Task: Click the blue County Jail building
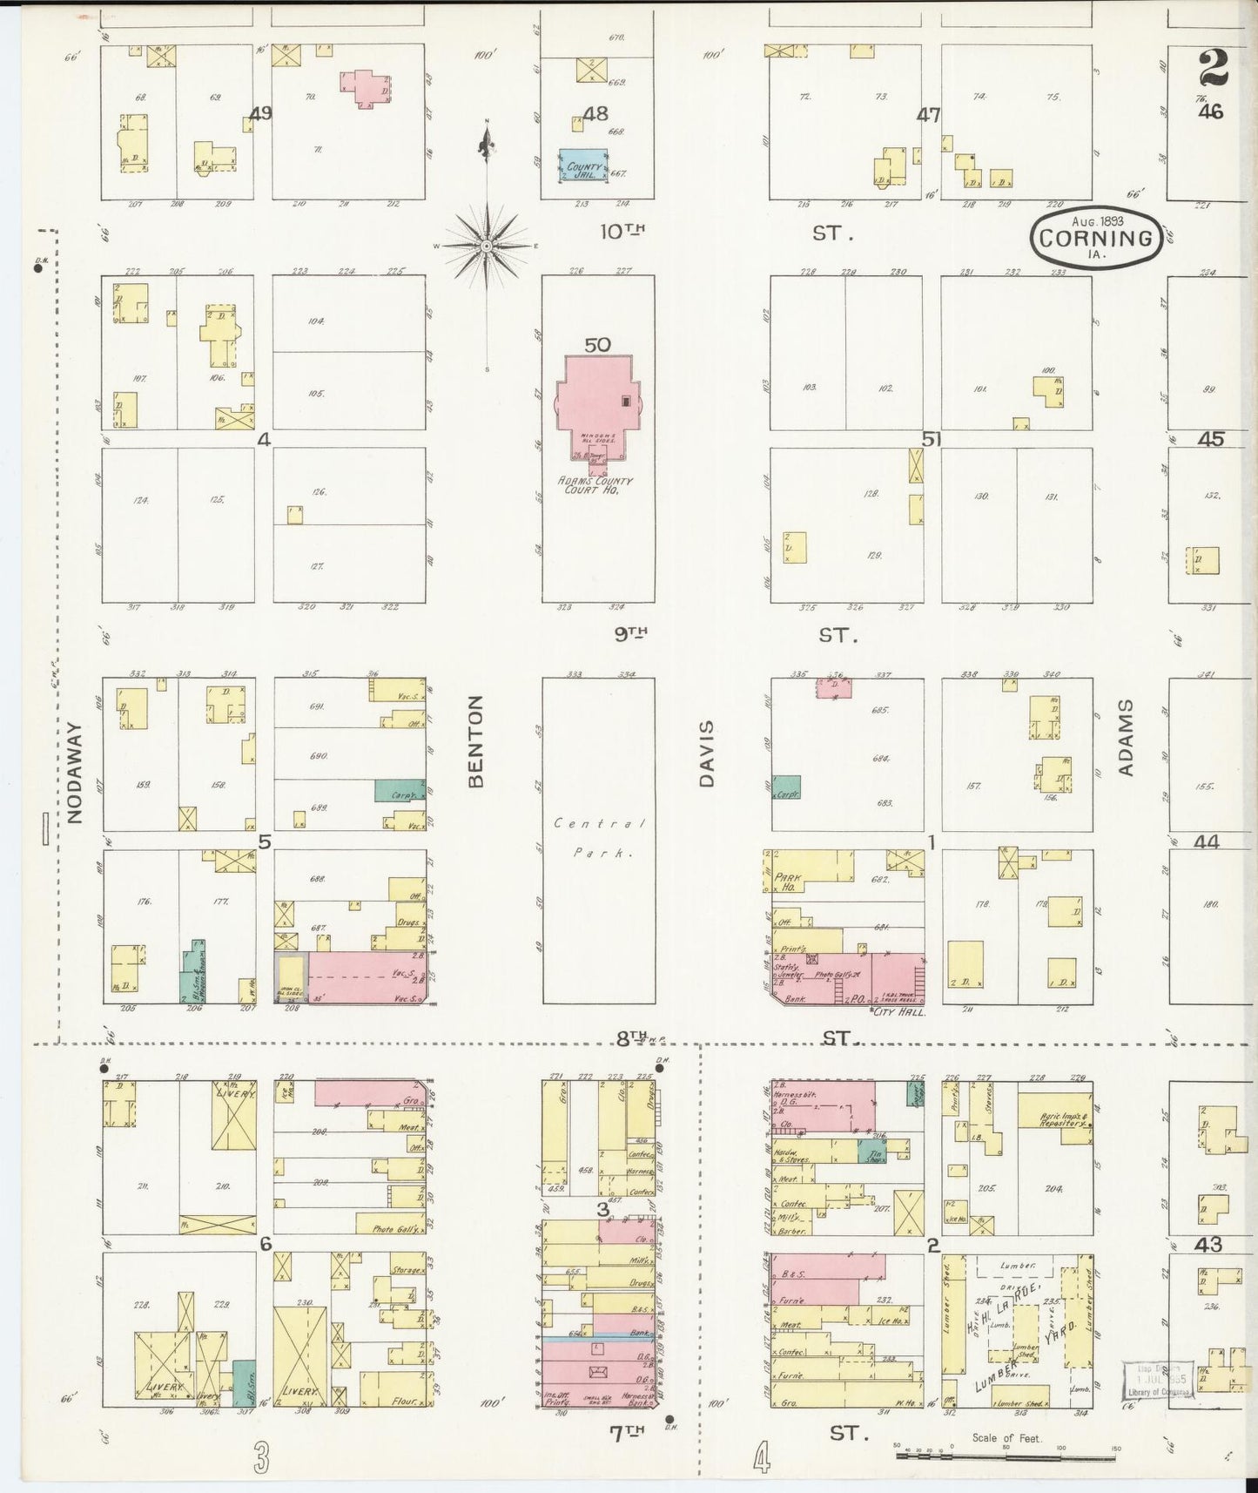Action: pos(583,166)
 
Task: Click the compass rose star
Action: pos(488,246)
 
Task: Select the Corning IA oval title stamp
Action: pos(1096,238)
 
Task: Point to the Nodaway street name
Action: pos(75,773)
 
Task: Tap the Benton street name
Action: pos(475,741)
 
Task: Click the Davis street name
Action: pos(706,753)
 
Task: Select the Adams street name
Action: pos(1127,737)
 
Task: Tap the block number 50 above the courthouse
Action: pos(597,345)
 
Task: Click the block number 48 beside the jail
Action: pos(595,114)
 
